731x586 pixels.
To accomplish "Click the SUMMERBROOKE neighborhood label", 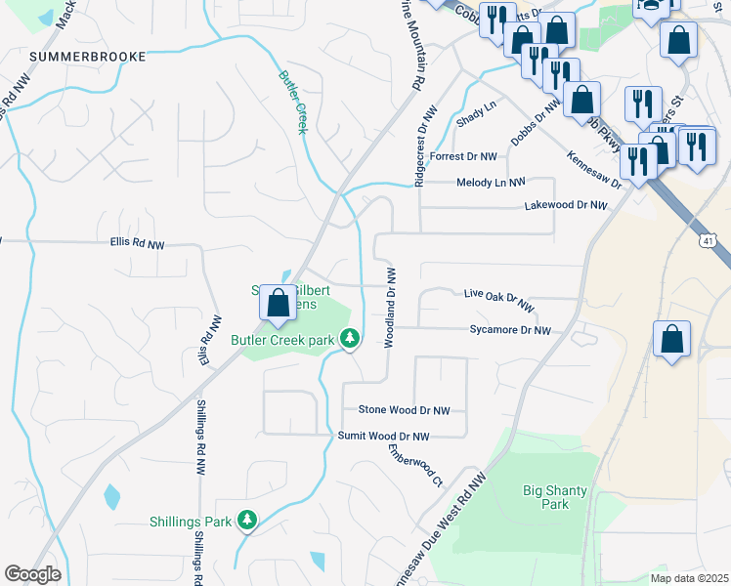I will pos(88,57).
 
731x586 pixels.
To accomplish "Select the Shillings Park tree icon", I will pos(249,522).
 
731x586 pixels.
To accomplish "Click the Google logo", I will pos(32,574).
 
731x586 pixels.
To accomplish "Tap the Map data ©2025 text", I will pos(689,578).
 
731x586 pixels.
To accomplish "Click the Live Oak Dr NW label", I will pos(498,298).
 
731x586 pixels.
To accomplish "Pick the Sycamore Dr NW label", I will pos(510,331).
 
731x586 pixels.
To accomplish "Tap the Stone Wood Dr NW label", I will pos(404,411).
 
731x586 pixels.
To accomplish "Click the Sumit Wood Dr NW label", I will pos(383,436).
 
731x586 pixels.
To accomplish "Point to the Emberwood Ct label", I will pos(415,467).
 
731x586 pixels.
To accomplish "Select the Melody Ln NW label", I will pos(491,183).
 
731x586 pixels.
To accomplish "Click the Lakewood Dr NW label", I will pos(566,206).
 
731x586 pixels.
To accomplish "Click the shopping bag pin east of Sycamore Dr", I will pos(671,340).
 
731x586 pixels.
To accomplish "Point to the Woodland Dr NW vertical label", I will pos(389,308).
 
